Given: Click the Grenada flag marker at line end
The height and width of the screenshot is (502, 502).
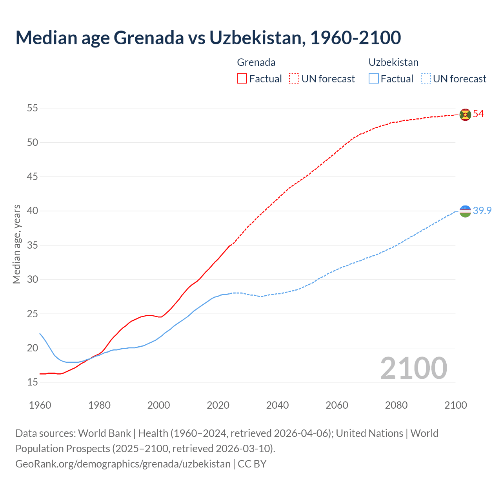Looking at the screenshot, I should pyautogui.click(x=465, y=115).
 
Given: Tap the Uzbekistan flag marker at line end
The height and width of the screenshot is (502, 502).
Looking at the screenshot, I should pyautogui.click(x=465, y=211).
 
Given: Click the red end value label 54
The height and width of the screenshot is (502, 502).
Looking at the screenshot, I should pyautogui.click(x=478, y=114).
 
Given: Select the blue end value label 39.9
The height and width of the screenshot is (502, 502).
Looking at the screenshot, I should pyautogui.click(x=482, y=211).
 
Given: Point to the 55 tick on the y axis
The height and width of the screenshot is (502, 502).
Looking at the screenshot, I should pyautogui.click(x=33, y=108).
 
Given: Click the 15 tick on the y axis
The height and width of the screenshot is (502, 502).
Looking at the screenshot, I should pyautogui.click(x=33, y=382).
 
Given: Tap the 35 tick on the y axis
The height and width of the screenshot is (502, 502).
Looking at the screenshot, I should pyautogui.click(x=33, y=245).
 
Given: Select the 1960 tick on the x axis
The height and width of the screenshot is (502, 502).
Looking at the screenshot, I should pyautogui.click(x=40, y=405).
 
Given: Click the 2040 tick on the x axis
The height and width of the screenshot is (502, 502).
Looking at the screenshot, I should pyautogui.click(x=277, y=405).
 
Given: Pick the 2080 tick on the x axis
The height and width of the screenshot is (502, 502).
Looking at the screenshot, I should pyautogui.click(x=396, y=405).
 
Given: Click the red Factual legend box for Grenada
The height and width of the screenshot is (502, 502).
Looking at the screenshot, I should pyautogui.click(x=242, y=79).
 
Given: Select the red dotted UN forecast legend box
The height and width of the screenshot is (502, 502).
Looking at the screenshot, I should pyautogui.click(x=294, y=79).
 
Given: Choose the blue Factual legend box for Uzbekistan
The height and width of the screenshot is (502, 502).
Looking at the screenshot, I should pyautogui.click(x=374, y=79).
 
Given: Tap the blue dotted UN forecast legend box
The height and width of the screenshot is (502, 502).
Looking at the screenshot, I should pyautogui.click(x=426, y=79).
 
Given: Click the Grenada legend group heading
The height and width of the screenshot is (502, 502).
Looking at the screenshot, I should pyautogui.click(x=256, y=62).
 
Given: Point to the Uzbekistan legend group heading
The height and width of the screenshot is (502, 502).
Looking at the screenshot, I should pyautogui.click(x=393, y=62).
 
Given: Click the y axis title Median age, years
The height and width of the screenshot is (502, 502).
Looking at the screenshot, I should pyautogui.click(x=16, y=244).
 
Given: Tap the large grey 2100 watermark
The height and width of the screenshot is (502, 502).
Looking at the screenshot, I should pyautogui.click(x=414, y=368).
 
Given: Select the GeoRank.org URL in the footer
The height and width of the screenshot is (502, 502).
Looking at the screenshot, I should pyautogui.click(x=123, y=464).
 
